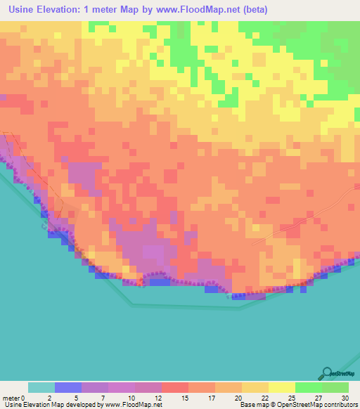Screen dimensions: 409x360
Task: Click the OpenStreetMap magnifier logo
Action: point(327,373)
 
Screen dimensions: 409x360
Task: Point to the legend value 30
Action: point(345,397)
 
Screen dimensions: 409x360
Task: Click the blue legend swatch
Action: point(68,387)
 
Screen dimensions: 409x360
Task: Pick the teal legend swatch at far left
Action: point(41,387)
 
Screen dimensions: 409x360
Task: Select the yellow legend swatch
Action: point(282,387)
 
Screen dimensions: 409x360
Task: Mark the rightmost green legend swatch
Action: point(335,387)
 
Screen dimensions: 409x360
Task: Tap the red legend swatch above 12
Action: point(175,387)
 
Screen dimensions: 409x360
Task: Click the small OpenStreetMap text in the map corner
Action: point(344,375)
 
